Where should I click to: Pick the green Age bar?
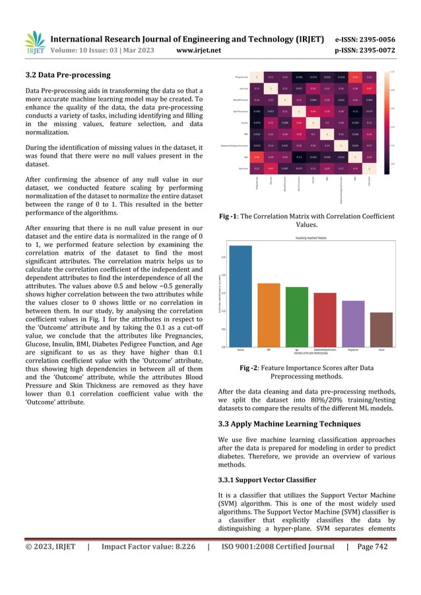coord(296,317)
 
